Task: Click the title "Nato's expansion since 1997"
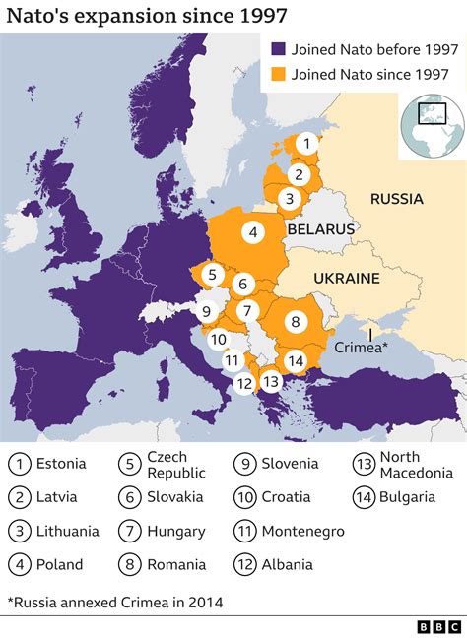tap(148, 16)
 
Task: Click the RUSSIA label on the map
tap(396, 199)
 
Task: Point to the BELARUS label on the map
tap(320, 228)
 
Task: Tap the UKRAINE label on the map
tap(346, 279)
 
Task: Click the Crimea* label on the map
tap(363, 348)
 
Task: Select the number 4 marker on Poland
tap(253, 233)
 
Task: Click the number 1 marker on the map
tap(306, 144)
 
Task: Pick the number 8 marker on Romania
tap(295, 321)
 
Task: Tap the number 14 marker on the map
tap(295, 360)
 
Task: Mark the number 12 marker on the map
tap(245, 383)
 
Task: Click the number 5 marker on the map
tap(211, 275)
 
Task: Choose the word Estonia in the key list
tap(61, 463)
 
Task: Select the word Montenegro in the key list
tap(302, 531)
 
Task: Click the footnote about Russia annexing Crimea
tap(115, 602)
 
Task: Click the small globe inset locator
tap(431, 124)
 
